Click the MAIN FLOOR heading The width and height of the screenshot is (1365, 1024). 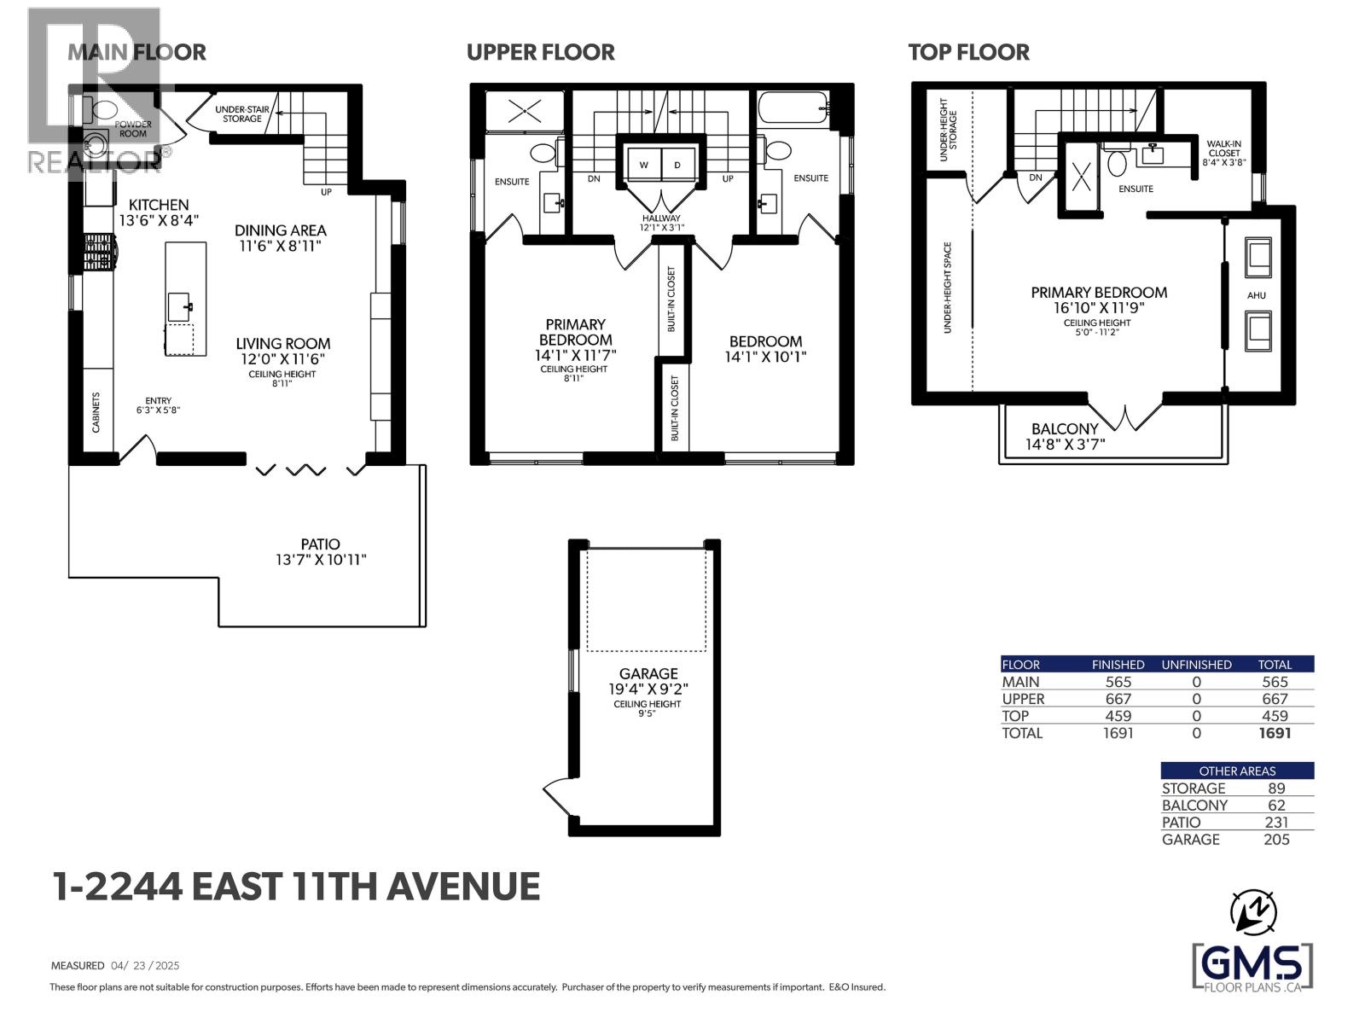136,52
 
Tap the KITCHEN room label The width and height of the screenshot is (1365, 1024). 159,205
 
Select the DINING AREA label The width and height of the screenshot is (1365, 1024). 281,230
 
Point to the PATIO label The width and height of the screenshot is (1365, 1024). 320,544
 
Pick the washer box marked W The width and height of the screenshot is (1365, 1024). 642,165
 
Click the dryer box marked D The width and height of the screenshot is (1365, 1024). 677,165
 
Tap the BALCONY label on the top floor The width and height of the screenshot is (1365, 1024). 1064,429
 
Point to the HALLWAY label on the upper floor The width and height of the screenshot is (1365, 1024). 662,218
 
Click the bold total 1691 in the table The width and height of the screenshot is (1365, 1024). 1275,733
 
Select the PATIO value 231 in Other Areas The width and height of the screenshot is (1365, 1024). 1276,823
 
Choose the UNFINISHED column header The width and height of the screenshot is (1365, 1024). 1196,665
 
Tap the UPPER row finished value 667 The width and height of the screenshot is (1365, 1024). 1118,699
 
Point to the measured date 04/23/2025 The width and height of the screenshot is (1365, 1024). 145,966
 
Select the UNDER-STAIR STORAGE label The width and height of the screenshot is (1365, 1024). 239,114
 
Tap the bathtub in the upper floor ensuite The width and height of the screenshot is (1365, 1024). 793,108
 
